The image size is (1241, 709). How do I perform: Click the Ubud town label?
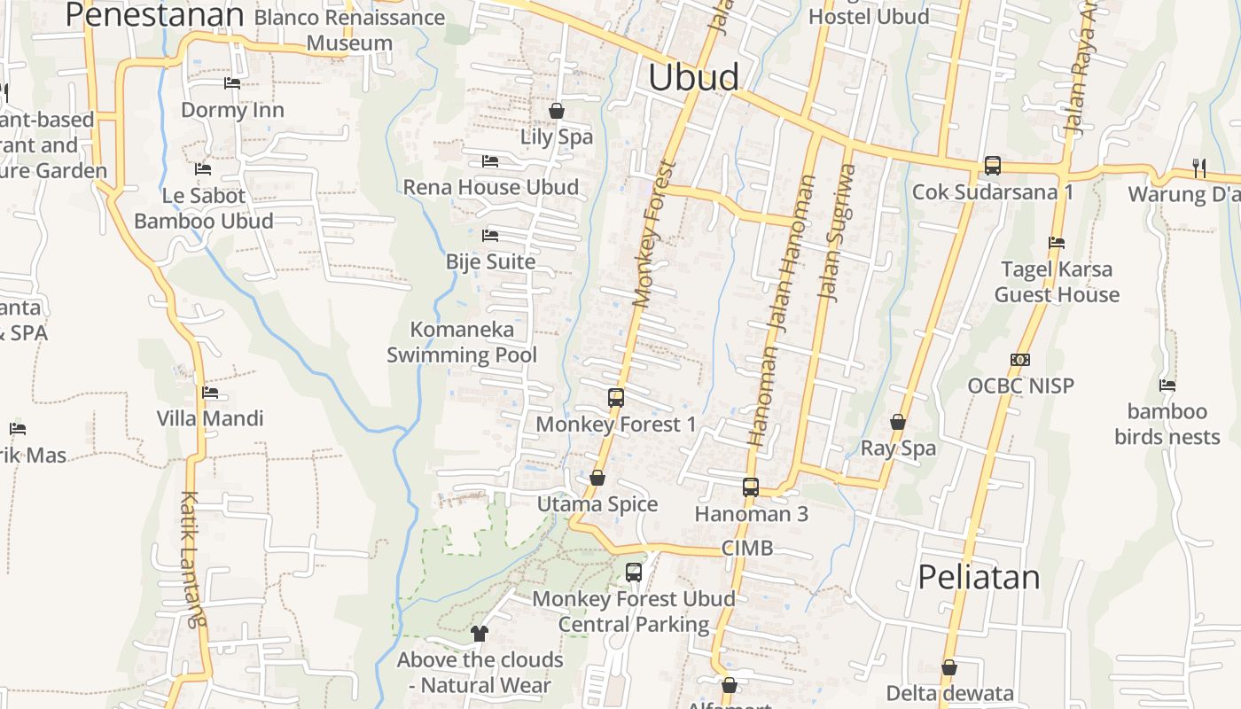(x=693, y=77)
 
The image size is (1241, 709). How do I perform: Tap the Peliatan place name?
(x=979, y=577)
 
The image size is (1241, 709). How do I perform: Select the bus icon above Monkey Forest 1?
(x=616, y=398)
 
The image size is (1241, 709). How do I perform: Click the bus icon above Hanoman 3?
(x=751, y=487)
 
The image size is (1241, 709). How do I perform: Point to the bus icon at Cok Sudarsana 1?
(x=993, y=166)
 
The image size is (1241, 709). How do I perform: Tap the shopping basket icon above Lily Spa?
(x=557, y=111)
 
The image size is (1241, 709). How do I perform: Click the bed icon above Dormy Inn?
(x=232, y=83)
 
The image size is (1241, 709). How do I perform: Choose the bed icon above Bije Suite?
(x=490, y=236)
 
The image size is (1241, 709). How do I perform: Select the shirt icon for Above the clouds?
(x=480, y=633)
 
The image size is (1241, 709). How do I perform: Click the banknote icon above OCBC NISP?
(x=1020, y=360)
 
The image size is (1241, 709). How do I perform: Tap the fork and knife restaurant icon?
(x=1198, y=167)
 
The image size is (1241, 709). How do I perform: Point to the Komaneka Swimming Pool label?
(x=462, y=342)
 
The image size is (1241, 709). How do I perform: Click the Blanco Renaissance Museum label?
(x=349, y=30)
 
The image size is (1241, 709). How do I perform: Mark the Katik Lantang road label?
(x=192, y=558)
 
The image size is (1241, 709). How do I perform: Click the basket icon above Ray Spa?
(x=898, y=422)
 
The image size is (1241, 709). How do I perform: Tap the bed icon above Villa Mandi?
(x=210, y=392)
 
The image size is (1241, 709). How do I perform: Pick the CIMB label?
(x=747, y=548)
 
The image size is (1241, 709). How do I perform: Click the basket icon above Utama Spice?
(x=597, y=479)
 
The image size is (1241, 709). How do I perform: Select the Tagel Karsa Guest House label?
(x=1057, y=282)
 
